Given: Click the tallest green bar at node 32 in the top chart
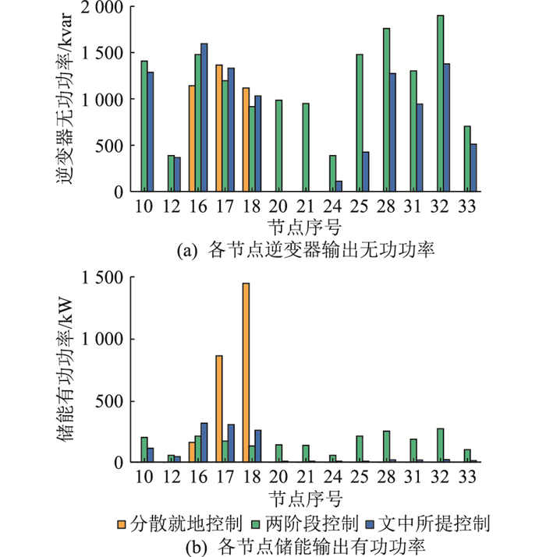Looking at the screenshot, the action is pyautogui.click(x=441, y=104).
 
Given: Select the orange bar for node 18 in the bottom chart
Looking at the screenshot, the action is pyautogui.click(x=246, y=372).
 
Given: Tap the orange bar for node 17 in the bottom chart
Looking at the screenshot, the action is pyautogui.click(x=219, y=409).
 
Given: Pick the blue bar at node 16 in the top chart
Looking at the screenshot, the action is pyautogui.click(x=204, y=118).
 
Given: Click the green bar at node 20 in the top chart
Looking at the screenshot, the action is pyautogui.click(x=279, y=146).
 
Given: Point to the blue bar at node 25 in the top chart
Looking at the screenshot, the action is pyautogui.click(x=366, y=171).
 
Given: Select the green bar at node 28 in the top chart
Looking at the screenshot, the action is pyautogui.click(x=386, y=110).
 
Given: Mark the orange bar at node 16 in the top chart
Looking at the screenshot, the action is pyautogui.click(x=192, y=139).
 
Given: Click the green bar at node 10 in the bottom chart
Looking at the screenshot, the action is pyautogui.click(x=144, y=449).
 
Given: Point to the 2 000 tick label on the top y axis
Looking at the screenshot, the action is pyautogui.click(x=101, y=7).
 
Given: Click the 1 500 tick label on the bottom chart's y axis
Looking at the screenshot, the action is pyautogui.click(x=102, y=277).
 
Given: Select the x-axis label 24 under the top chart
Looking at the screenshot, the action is pyautogui.click(x=332, y=206).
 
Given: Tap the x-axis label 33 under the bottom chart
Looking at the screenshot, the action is pyautogui.click(x=467, y=477).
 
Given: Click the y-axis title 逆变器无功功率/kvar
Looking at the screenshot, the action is pyautogui.click(x=65, y=98).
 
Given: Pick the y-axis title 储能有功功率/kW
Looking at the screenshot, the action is pyautogui.click(x=65, y=370).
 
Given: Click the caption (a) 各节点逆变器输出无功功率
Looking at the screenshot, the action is pyautogui.click(x=306, y=250).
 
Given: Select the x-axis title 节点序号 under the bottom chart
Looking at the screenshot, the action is pyautogui.click(x=306, y=499).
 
